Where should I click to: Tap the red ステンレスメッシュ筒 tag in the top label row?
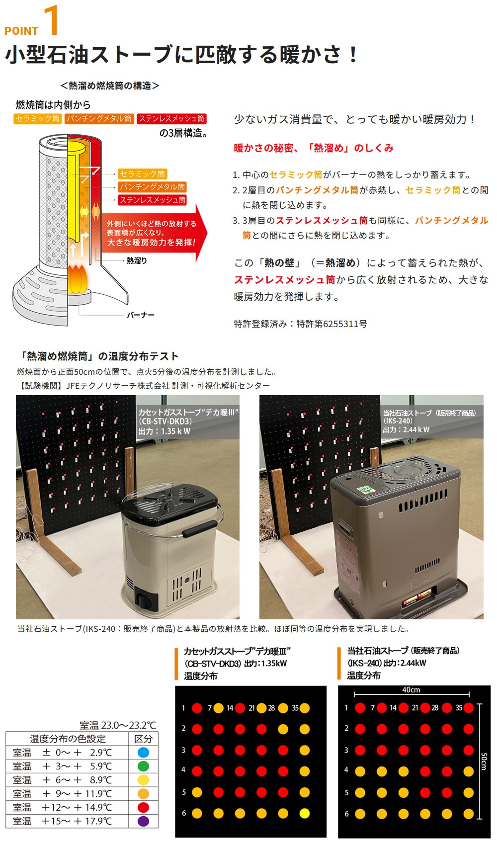(171, 119)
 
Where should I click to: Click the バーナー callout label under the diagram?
(140, 315)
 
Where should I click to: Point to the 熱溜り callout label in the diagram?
(137, 260)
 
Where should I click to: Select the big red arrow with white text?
(154, 233)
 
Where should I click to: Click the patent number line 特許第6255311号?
(331, 324)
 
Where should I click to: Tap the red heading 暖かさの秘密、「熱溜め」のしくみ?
(314, 148)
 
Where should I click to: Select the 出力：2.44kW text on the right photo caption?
(406, 429)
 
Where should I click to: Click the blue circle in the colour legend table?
(143, 752)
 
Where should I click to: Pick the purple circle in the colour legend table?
(143, 821)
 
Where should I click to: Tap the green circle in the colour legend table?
(143, 766)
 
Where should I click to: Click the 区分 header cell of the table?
(143, 739)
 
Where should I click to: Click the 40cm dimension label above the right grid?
(411, 689)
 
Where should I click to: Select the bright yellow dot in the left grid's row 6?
(304, 814)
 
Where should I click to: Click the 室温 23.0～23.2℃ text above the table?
(118, 725)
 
